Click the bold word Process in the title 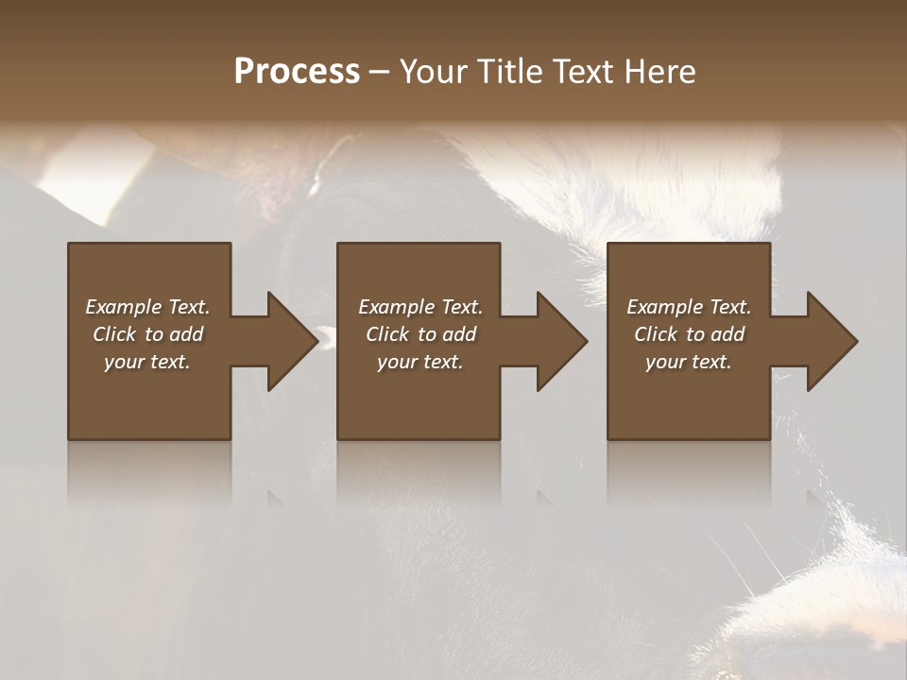point(297,72)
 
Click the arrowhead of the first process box point(287,341)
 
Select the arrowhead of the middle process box point(557,341)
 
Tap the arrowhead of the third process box point(828,341)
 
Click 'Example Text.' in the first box point(147,307)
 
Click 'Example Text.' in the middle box point(420,307)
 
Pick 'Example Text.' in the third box point(689,307)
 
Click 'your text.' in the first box point(147,362)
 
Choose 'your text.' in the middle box point(420,362)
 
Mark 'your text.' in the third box point(689,362)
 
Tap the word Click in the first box point(114,334)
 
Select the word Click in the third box point(656,334)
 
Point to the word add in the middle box point(459,334)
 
